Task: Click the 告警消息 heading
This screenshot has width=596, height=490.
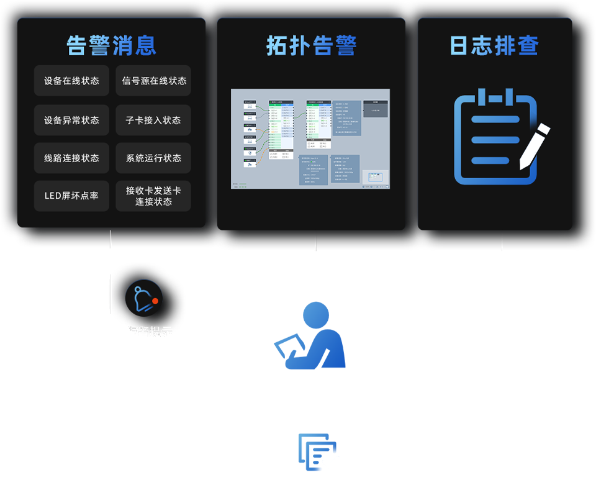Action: point(111,45)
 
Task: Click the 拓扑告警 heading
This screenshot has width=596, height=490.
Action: point(311,45)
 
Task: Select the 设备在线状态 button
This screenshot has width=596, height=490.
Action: point(71,81)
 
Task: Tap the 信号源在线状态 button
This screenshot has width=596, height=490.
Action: point(153,81)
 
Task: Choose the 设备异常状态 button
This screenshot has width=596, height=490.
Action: point(71,120)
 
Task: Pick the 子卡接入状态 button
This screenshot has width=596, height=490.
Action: point(153,120)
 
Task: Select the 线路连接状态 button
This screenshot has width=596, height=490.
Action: point(71,158)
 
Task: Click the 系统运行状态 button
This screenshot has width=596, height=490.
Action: point(153,158)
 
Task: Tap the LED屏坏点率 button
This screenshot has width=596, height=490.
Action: point(71,196)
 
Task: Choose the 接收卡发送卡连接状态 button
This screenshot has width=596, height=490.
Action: point(153,196)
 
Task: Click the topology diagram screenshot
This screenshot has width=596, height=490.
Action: point(310,138)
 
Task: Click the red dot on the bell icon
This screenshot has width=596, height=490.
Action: point(155,301)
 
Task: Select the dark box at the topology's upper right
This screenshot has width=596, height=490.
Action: point(375,109)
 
